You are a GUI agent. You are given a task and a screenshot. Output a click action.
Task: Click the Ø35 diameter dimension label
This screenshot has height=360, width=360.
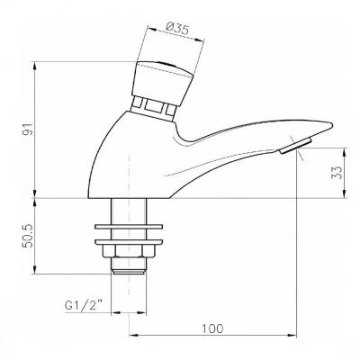177,30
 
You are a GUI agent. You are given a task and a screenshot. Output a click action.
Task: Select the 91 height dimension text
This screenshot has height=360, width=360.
29,130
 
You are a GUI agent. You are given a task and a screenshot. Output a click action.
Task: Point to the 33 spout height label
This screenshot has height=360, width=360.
337,173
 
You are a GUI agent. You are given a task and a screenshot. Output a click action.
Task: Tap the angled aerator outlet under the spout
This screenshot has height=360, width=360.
296,146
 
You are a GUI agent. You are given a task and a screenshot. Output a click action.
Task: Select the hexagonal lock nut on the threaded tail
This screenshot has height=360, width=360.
129,251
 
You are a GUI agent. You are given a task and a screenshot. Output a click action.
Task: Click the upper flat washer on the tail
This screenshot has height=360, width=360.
129,227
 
